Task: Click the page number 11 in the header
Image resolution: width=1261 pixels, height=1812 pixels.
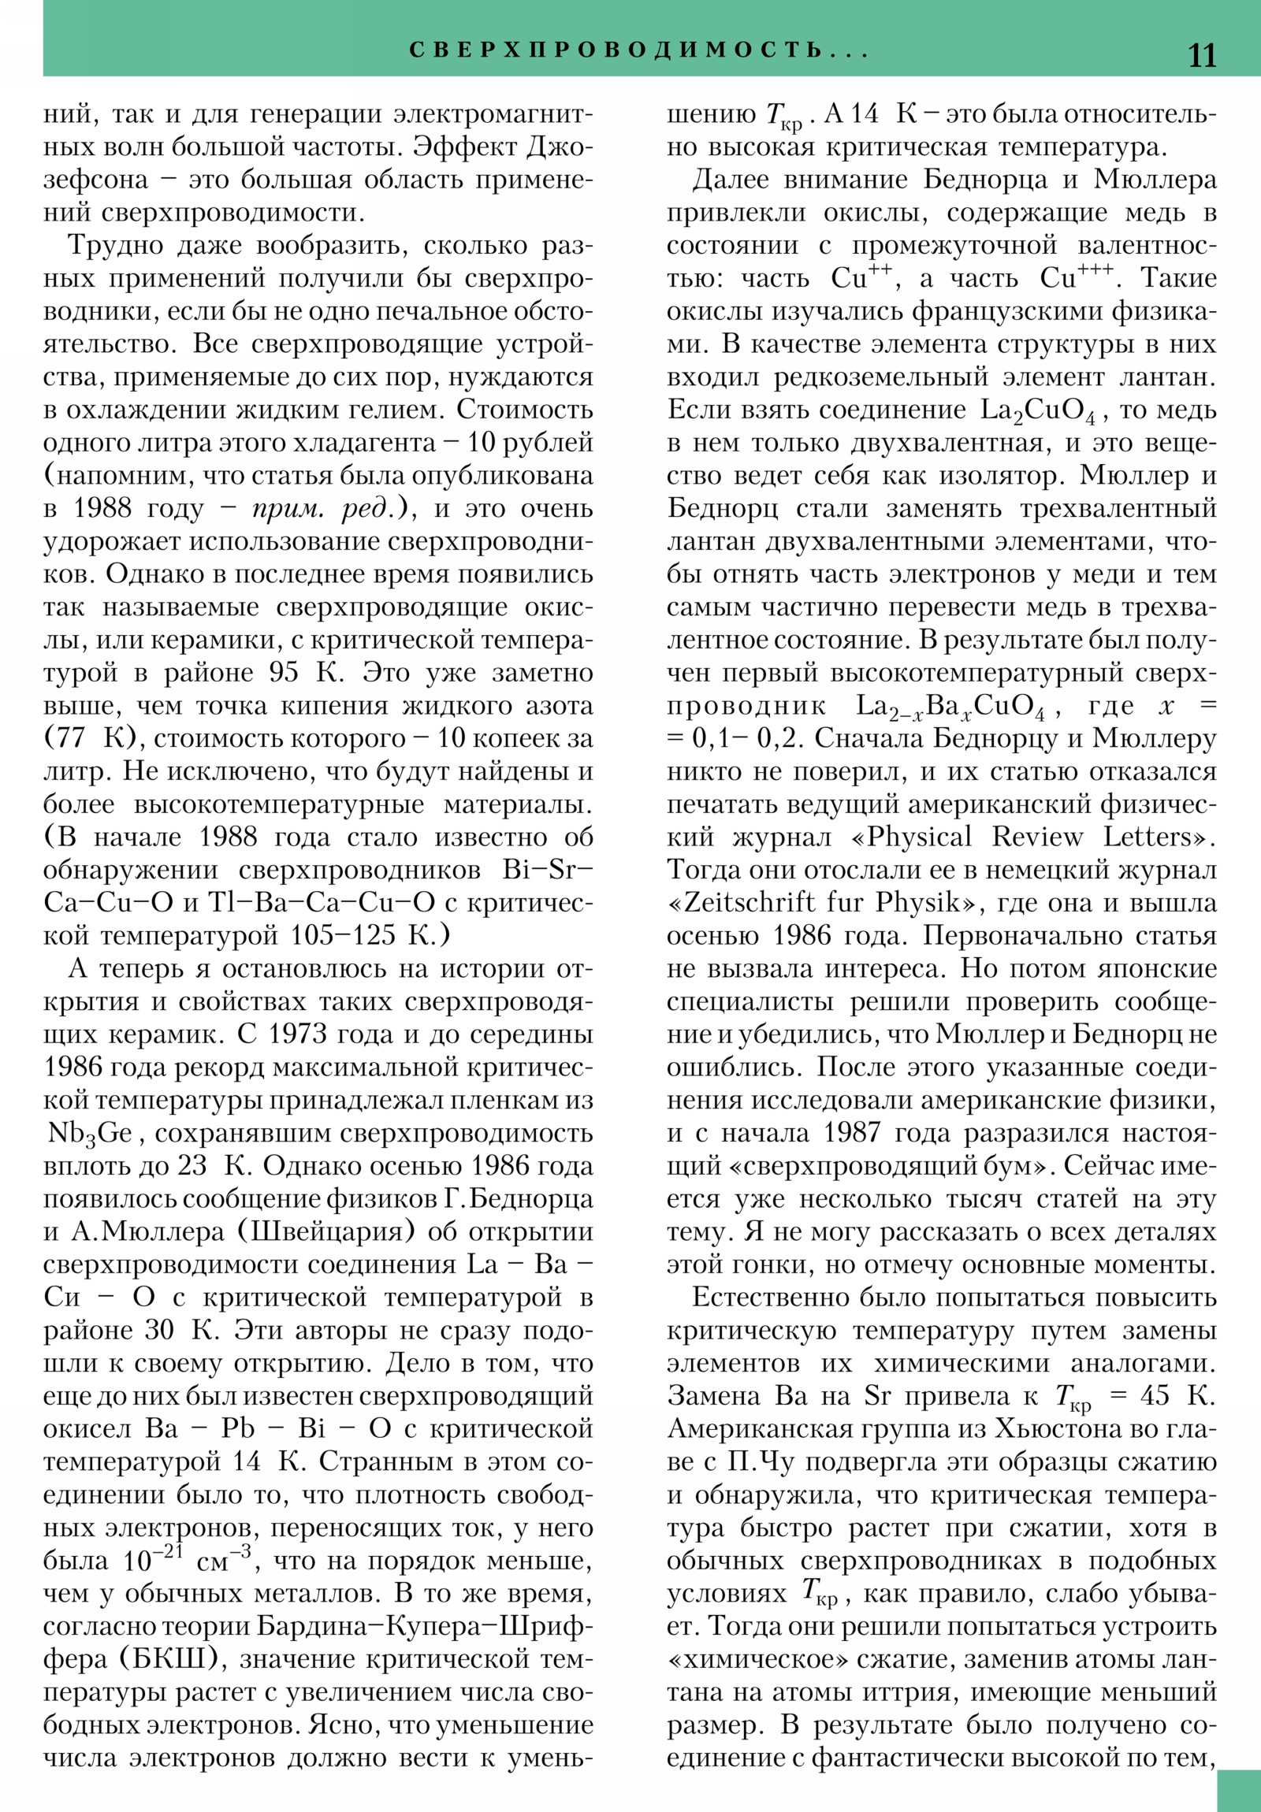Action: (x=1202, y=55)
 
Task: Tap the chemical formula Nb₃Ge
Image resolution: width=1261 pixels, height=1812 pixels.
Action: (x=89, y=1134)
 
